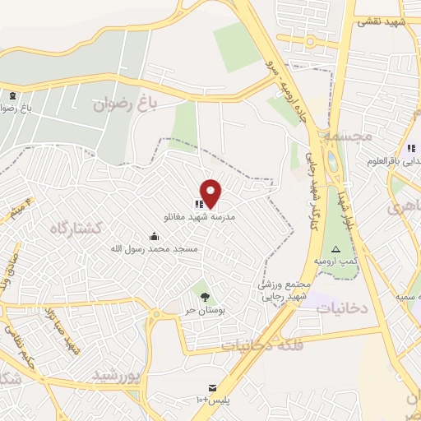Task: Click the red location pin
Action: [211, 192]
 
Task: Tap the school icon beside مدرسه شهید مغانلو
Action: [198, 203]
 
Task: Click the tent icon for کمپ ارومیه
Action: [336, 248]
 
